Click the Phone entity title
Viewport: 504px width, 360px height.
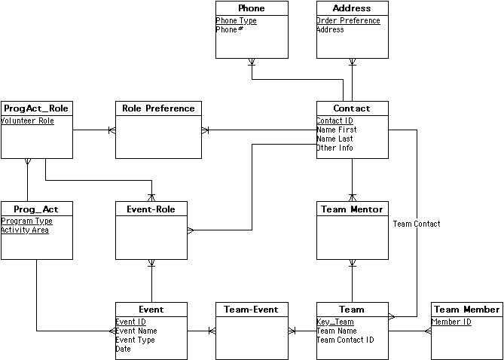(x=252, y=8)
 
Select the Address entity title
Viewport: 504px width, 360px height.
(x=352, y=8)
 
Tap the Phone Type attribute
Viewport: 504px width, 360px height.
(x=237, y=21)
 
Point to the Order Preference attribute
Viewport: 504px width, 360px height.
(x=348, y=21)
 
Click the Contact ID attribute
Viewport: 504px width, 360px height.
(x=334, y=121)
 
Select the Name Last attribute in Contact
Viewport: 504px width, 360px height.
(x=334, y=139)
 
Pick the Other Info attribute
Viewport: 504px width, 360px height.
(x=334, y=148)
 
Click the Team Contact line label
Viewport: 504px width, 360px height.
(x=417, y=224)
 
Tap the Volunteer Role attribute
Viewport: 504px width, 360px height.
(x=27, y=121)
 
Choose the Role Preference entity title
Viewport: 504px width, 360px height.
(x=158, y=108)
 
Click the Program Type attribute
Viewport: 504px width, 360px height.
(x=26, y=221)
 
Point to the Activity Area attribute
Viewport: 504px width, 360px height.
(x=25, y=230)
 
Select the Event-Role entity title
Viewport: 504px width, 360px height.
(x=151, y=209)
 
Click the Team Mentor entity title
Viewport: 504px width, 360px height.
(x=352, y=209)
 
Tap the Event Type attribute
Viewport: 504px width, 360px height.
(x=135, y=340)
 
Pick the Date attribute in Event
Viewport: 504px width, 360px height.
(x=123, y=349)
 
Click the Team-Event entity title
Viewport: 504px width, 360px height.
(x=252, y=310)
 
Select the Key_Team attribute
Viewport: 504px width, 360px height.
(x=335, y=322)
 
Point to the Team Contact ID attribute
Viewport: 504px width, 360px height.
(x=345, y=340)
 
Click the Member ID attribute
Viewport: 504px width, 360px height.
(x=451, y=322)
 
